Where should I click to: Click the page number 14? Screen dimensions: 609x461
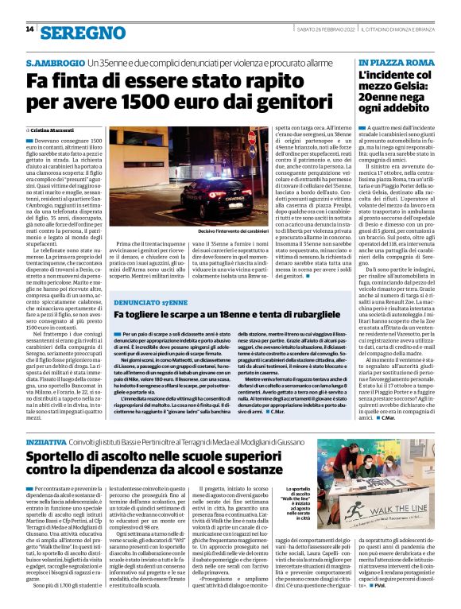coord(29,29)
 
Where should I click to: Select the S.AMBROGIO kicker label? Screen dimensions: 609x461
coord(56,62)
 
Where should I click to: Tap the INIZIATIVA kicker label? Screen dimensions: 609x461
coord(47,440)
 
